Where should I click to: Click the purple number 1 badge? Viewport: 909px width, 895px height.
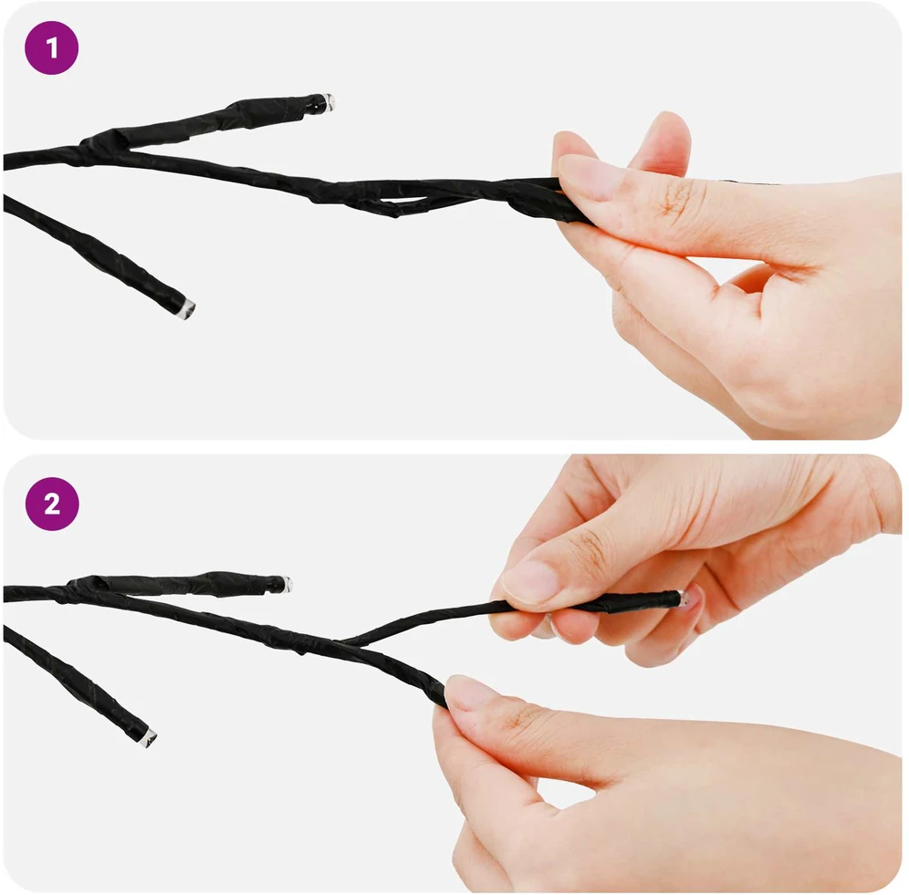tap(52, 47)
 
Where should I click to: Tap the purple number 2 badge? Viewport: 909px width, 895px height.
tap(52, 504)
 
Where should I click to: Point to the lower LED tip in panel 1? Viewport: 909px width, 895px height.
tap(187, 307)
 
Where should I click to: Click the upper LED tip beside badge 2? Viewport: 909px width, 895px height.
tap(286, 584)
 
